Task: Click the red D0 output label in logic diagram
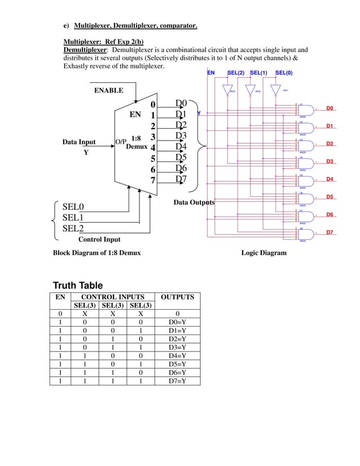(x=331, y=108)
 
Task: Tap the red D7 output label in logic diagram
(x=331, y=232)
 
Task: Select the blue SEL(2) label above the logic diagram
(x=236, y=73)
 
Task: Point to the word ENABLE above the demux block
(x=108, y=90)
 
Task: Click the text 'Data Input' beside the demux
(x=79, y=142)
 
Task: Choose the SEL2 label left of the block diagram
(x=73, y=228)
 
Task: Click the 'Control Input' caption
(x=99, y=240)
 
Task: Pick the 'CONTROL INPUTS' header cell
(x=113, y=297)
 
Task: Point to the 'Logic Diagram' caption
(x=264, y=253)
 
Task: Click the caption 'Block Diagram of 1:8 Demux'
(x=96, y=253)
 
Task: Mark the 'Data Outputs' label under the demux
(x=194, y=203)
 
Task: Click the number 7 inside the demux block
(x=152, y=181)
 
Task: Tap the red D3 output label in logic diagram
(x=331, y=162)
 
